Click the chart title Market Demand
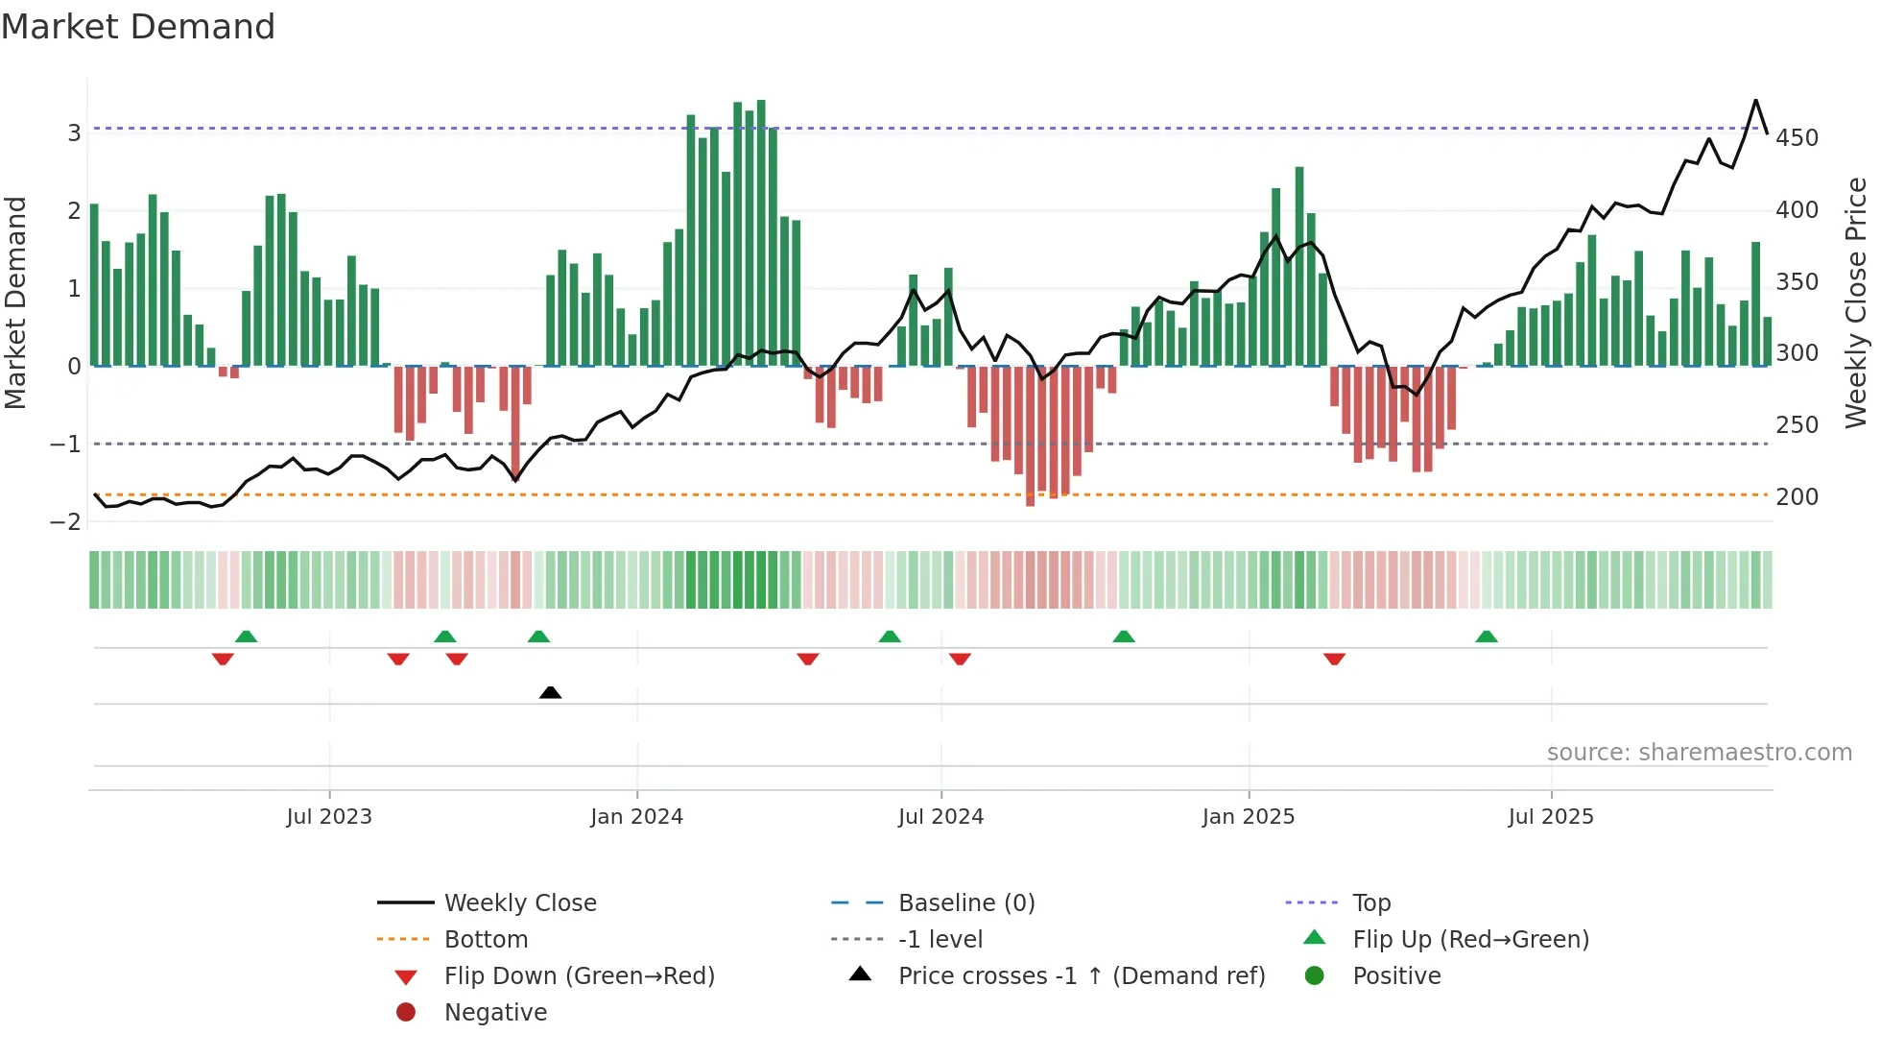tap(138, 27)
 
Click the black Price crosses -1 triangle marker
tap(550, 692)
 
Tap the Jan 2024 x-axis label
tap(636, 817)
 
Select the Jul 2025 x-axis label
tap(1550, 817)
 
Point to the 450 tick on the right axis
tap(1797, 138)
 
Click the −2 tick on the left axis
tap(66, 522)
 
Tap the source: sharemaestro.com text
tap(1699, 753)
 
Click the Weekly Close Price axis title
tap(1856, 302)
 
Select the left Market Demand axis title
tap(16, 302)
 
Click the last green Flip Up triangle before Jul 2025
tap(1486, 637)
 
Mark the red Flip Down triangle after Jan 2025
tap(1334, 659)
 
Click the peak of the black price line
tap(1755, 101)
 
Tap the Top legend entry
tap(1370, 903)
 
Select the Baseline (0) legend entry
tap(965, 903)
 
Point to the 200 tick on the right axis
tap(1797, 497)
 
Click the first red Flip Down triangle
tap(223, 659)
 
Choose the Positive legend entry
tap(1395, 976)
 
